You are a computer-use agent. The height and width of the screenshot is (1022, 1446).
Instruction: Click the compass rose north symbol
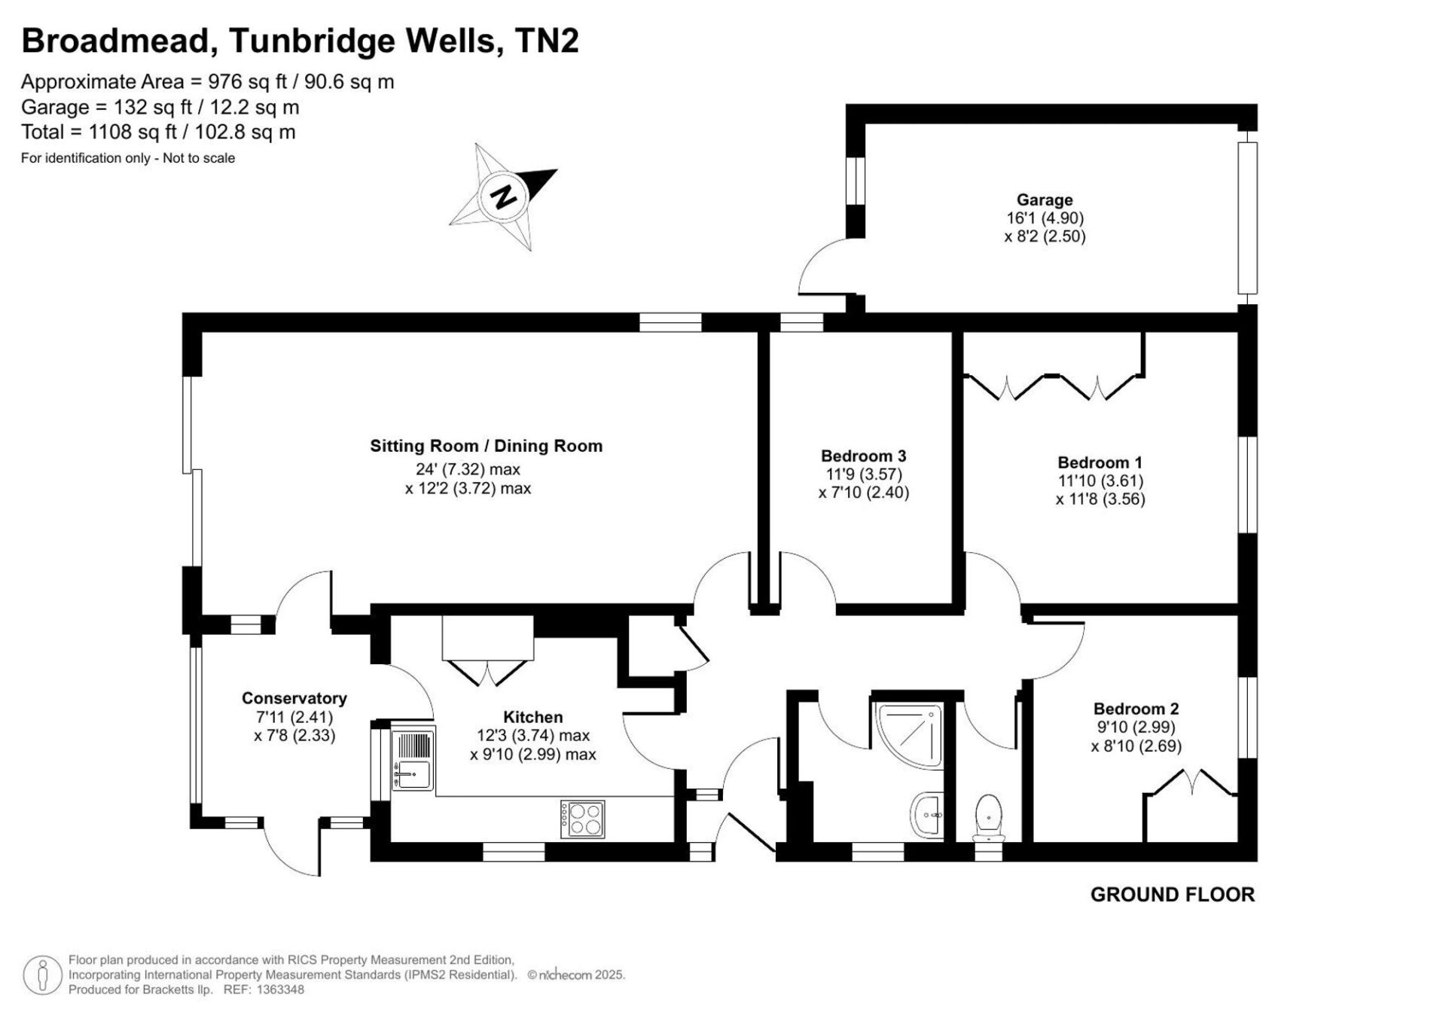pyautogui.click(x=503, y=196)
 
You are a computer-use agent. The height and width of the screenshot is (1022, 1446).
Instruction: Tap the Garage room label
pyautogui.click(x=1045, y=200)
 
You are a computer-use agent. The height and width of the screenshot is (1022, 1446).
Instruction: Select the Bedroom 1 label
pyautogui.click(x=1100, y=462)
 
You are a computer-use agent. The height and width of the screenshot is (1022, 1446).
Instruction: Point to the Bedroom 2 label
pyautogui.click(x=1136, y=709)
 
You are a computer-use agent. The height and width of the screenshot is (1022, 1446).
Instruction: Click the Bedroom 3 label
pyautogui.click(x=864, y=456)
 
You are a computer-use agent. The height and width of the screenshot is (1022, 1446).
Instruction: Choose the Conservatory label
pyautogui.click(x=294, y=698)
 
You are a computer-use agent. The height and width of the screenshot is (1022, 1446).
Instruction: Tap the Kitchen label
pyautogui.click(x=533, y=717)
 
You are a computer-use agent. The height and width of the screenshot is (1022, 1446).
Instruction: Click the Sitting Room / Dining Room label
pyautogui.click(x=487, y=446)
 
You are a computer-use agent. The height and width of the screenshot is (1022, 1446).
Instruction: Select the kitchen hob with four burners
pyautogui.click(x=582, y=818)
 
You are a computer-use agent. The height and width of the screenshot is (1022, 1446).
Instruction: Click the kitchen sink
pyautogui.click(x=412, y=760)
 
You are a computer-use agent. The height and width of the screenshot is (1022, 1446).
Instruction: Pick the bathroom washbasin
pyautogui.click(x=927, y=815)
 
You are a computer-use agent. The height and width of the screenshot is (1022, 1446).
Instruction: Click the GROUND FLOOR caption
pyautogui.click(x=1173, y=895)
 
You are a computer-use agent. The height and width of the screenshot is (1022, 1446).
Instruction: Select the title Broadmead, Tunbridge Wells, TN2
pyautogui.click(x=300, y=41)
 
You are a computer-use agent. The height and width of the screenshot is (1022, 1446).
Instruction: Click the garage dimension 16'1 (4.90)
pyautogui.click(x=1045, y=218)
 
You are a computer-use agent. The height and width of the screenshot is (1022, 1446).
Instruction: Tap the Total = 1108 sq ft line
pyautogui.click(x=158, y=133)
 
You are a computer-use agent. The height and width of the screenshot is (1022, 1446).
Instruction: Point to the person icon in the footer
pyautogui.click(x=42, y=975)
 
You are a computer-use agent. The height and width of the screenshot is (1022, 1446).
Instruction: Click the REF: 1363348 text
pyautogui.click(x=264, y=990)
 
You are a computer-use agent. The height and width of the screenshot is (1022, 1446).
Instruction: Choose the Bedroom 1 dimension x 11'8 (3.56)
pyautogui.click(x=1100, y=499)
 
